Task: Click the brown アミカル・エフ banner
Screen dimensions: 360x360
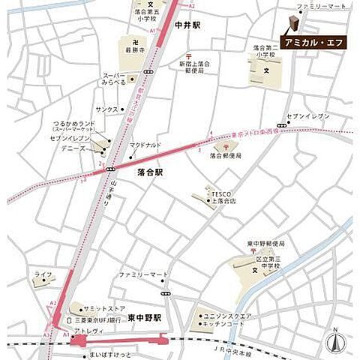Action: (x=313, y=43)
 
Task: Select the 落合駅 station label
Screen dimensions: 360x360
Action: (x=151, y=172)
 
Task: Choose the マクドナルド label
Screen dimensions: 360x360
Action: (x=145, y=145)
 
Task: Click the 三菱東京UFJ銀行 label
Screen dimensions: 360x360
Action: (x=97, y=320)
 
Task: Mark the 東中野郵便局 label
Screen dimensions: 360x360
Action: (x=267, y=244)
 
